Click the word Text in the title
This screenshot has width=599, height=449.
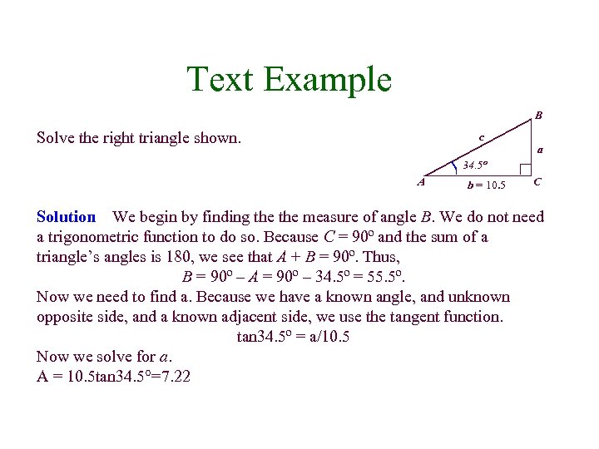tap(220, 79)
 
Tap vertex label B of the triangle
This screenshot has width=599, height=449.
tap(539, 115)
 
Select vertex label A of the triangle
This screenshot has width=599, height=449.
tap(422, 182)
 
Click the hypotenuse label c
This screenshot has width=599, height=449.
tap(481, 136)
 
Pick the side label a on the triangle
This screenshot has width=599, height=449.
tap(541, 150)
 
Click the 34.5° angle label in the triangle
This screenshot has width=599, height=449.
tap(475, 164)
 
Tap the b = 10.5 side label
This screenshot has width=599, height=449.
tap(487, 185)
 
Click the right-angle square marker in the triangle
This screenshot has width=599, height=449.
tap(525, 170)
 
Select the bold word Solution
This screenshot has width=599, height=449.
tap(67, 217)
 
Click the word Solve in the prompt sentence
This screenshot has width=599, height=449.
tap(56, 137)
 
